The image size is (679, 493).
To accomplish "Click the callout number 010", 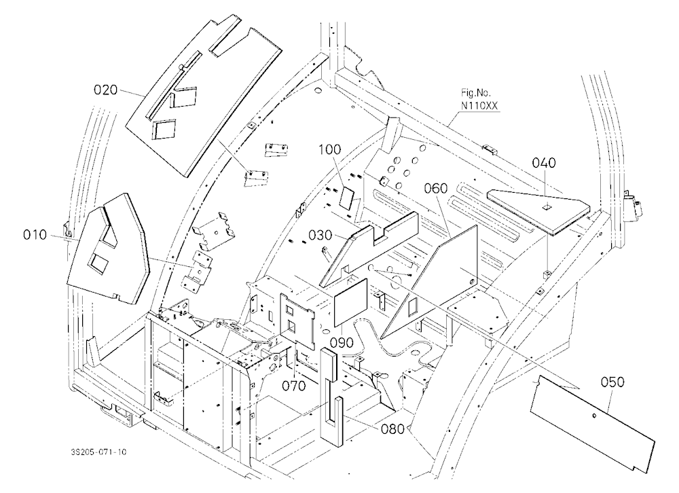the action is click(35, 235).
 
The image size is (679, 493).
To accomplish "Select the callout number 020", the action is click(106, 90).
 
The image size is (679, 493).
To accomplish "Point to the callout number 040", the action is click(544, 163).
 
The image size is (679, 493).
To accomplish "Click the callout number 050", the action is click(612, 382).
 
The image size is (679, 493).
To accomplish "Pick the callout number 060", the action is click(436, 188).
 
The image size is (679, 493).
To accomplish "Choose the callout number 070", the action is click(294, 386).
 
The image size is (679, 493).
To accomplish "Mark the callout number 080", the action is click(392, 429).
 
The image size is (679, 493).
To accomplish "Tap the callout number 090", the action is click(342, 342).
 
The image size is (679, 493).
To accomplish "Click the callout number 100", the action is click(330, 149).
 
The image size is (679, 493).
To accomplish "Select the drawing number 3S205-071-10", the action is click(98, 452).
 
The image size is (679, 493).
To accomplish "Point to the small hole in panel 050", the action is click(595, 416).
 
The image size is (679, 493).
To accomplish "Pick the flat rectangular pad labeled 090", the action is click(351, 302).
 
